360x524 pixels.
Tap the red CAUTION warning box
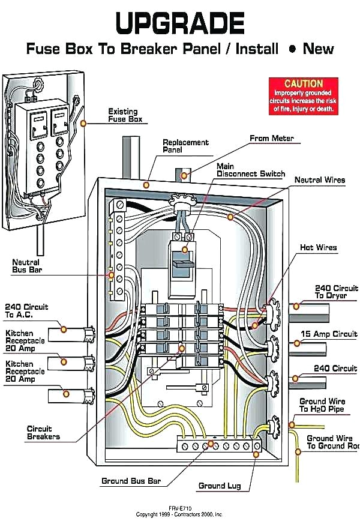(304, 96)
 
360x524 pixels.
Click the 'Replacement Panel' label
(185, 146)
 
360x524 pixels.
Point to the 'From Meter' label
(272, 139)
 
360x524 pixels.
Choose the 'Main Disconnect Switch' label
(250, 170)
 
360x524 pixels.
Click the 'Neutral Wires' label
(319, 180)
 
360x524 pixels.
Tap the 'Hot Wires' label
(318, 247)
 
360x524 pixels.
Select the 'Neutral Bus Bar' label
(26, 266)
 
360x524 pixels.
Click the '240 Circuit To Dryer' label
(336, 292)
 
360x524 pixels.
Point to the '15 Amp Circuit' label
(328, 334)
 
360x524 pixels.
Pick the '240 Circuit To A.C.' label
(26, 311)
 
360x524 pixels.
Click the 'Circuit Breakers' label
(43, 433)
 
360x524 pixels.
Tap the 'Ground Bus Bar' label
(131, 481)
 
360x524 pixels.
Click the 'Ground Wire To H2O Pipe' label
(322, 405)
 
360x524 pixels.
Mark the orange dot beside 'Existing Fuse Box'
(84, 122)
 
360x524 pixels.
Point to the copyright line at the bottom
(179, 514)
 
